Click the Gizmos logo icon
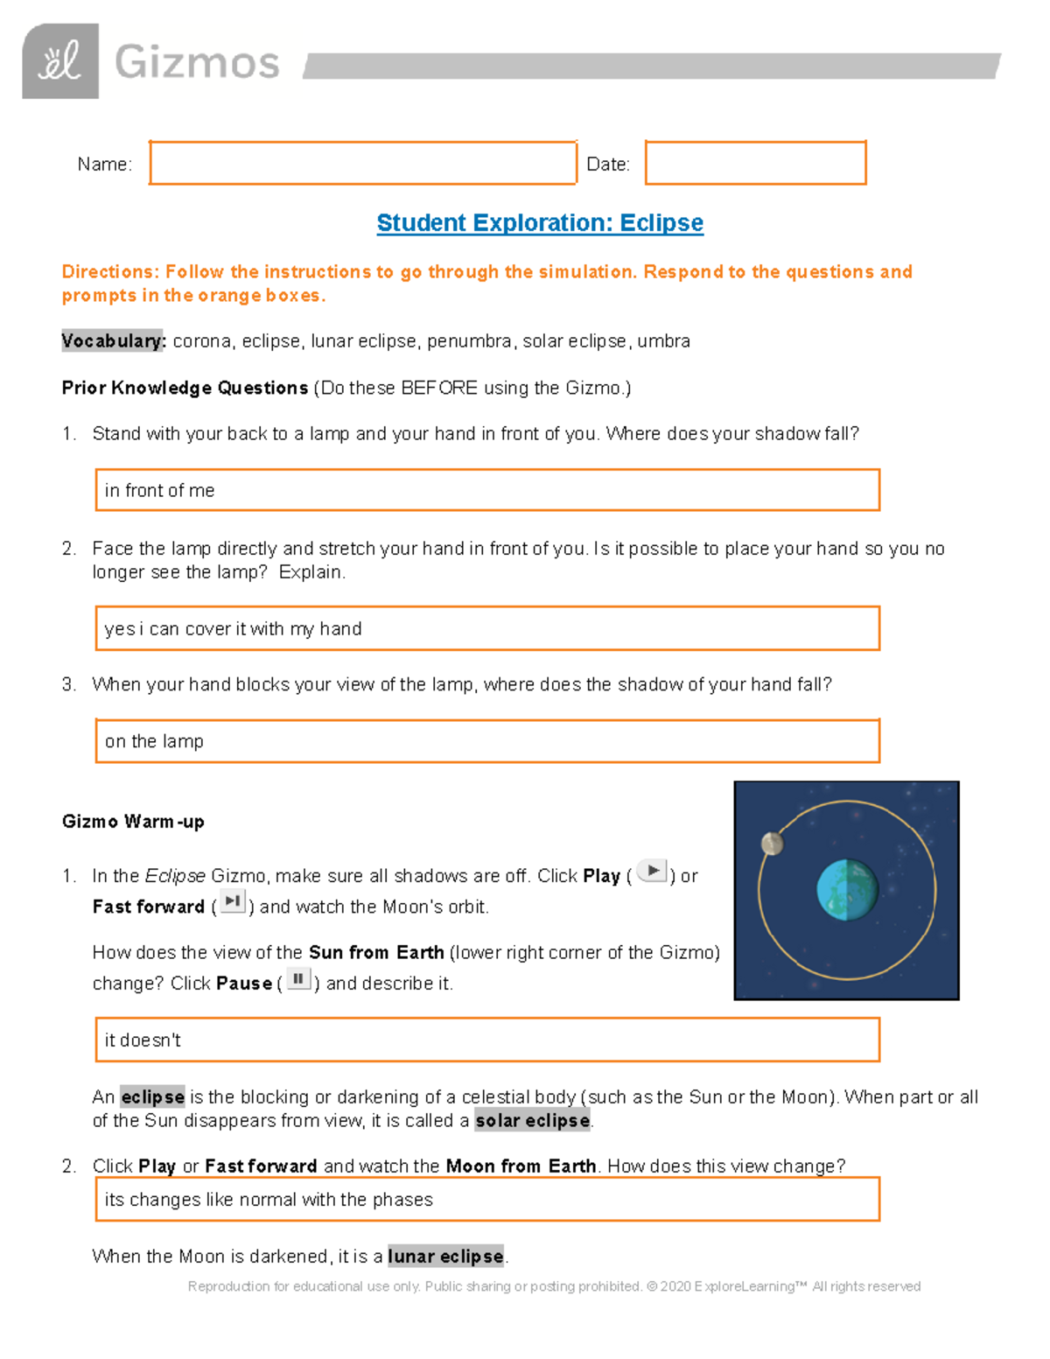pos(60,61)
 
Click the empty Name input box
pos(363,163)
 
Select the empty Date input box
pos(755,163)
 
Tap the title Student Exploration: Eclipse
pos(540,223)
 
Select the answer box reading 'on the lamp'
pos(486,741)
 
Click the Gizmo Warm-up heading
pos(133,822)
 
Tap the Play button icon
pos(653,871)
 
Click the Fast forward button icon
pos(233,901)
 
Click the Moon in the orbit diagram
pos(772,843)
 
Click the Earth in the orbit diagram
pos(847,890)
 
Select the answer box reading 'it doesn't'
pos(486,1040)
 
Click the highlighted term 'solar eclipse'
pos(532,1121)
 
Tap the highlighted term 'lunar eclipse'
pos(445,1257)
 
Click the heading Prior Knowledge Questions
pos(185,388)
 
